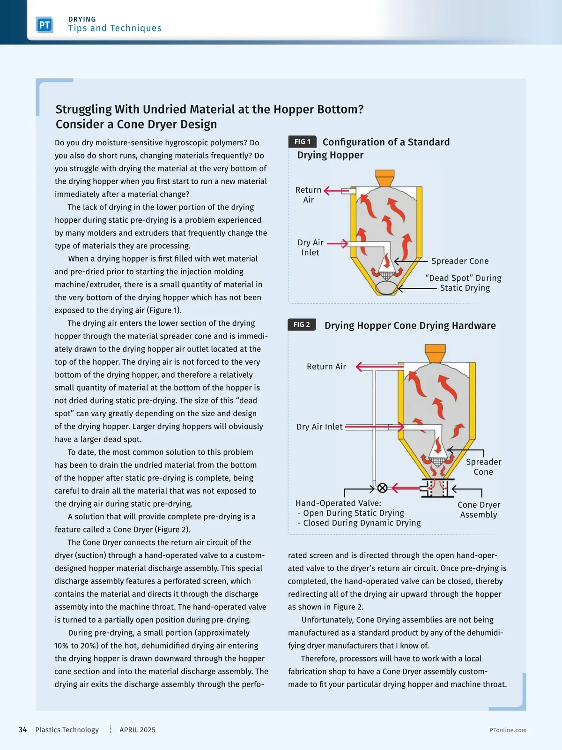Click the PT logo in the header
click(44, 25)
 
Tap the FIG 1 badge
click(302, 142)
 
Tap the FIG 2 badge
click(302, 324)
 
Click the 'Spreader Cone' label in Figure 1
click(459, 261)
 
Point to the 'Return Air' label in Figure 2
click(326, 367)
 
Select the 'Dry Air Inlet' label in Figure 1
click(311, 247)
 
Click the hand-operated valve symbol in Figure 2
click(382, 488)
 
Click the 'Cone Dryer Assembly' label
click(479, 510)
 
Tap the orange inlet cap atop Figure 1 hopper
click(385, 178)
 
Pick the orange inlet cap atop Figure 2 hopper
click(435, 352)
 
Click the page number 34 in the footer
click(22, 730)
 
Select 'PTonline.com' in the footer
click(508, 730)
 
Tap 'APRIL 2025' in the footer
click(137, 730)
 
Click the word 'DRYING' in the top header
click(82, 19)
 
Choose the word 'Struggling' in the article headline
click(83, 109)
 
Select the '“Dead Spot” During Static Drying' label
click(464, 283)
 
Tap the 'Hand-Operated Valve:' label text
click(338, 503)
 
